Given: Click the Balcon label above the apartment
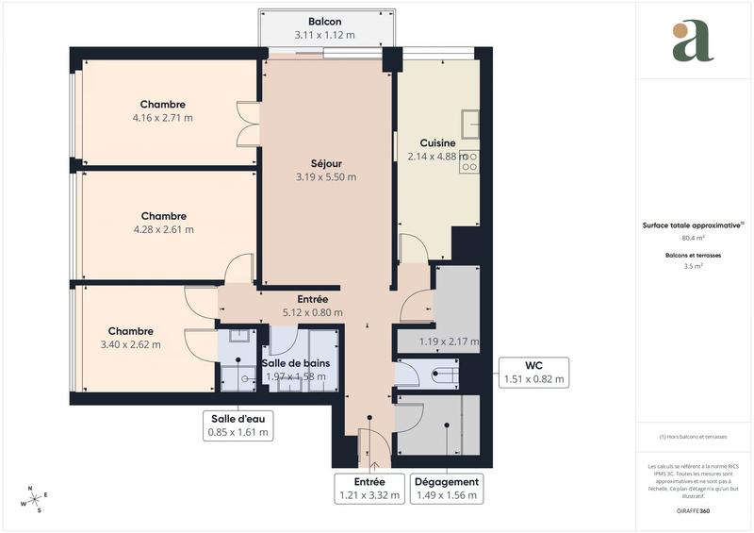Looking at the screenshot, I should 324,22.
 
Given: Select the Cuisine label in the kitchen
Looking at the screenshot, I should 437,142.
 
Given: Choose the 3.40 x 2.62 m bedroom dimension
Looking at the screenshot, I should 130,344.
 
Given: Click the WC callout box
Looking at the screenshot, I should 533,373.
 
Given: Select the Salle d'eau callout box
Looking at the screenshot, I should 238,426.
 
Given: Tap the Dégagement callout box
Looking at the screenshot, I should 447,488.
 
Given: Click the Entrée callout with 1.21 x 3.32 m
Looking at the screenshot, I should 369,488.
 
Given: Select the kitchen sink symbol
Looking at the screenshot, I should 470,124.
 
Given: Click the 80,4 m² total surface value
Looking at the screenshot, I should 694,238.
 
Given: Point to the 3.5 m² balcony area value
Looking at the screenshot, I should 694,266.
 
